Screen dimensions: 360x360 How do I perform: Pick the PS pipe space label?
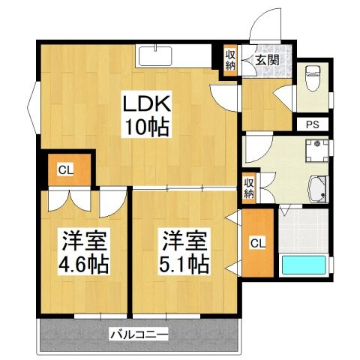coord(311,124)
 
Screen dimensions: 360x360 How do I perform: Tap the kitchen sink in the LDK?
coord(155,55)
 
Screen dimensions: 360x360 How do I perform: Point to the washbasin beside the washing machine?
coord(317,187)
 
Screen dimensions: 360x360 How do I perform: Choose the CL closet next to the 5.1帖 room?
coord(256,241)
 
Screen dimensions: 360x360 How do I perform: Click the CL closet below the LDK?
coord(65,169)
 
